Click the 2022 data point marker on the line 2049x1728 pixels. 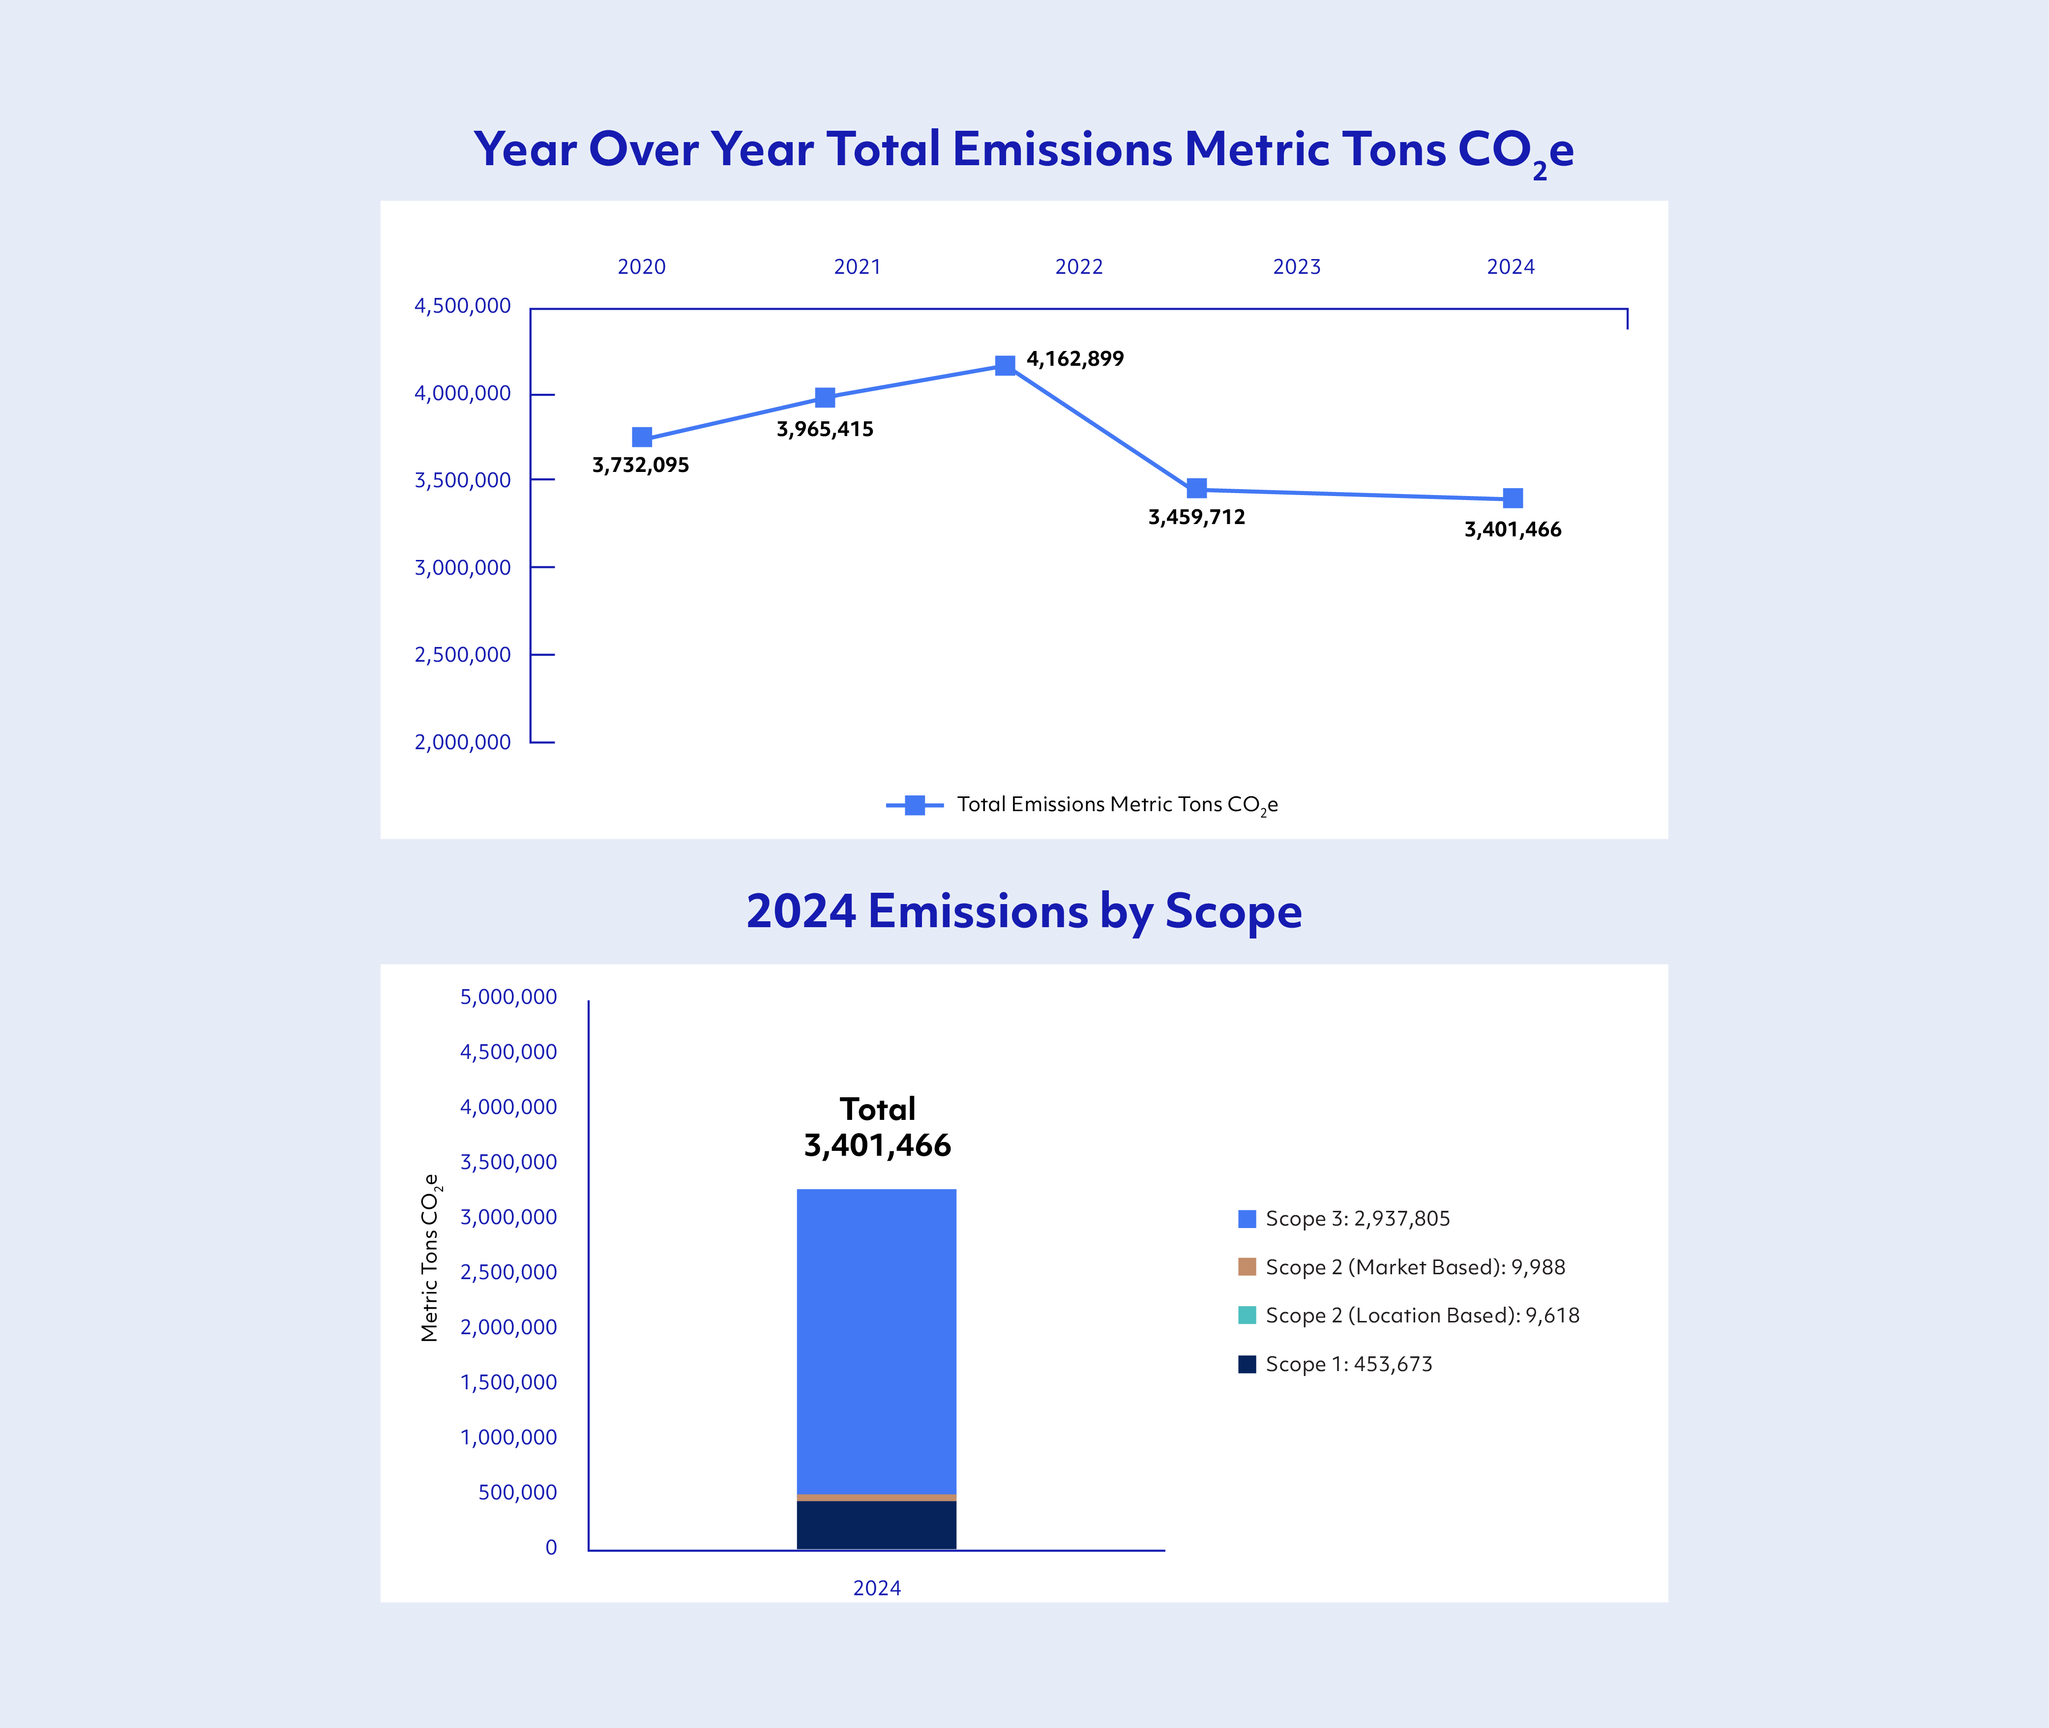(1005, 365)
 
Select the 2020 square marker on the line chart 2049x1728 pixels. (642, 437)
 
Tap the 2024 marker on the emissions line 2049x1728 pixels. (1512, 498)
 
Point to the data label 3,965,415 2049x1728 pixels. (824, 429)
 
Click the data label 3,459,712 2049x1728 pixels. (1196, 517)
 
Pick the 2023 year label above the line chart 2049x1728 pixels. (1297, 266)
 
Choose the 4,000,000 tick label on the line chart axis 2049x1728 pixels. (463, 393)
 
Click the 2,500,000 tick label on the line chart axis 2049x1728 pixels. (463, 654)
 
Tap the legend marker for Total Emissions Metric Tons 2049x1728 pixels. (914, 805)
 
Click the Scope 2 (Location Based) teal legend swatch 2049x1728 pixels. (1247, 1315)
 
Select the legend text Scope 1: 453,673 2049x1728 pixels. (1348, 1364)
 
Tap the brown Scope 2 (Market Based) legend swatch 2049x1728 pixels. (1247, 1266)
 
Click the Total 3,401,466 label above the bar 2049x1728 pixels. (877, 1128)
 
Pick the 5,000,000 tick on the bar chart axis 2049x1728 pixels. (508, 996)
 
